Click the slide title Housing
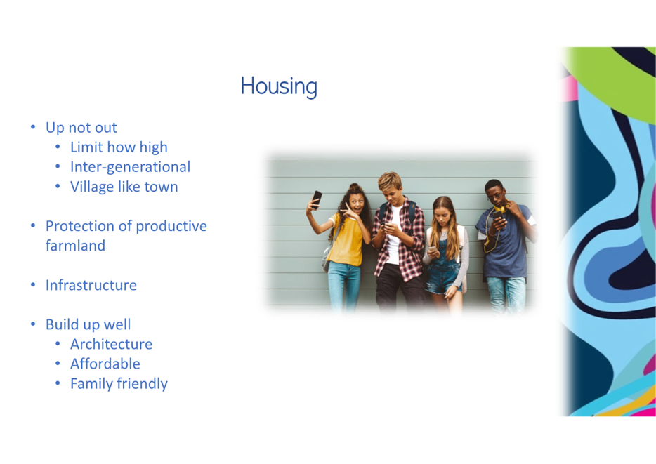pos(279,86)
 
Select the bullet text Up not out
pos(81,128)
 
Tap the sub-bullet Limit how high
pos(119,147)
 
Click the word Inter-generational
pos(130,167)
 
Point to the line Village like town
pos(124,187)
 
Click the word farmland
pos(75,246)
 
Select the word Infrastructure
pos(91,285)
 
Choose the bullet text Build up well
pos(88,324)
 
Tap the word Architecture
pos(111,344)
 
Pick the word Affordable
pos(105,364)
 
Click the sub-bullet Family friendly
pos(119,384)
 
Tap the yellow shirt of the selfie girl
pos(346,240)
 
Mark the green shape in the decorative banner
pos(615,79)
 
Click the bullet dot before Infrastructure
pos(33,285)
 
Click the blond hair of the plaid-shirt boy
pos(390,180)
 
